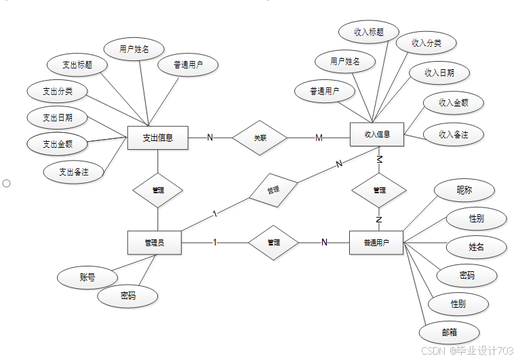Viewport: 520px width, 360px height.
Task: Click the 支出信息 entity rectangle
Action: (158, 138)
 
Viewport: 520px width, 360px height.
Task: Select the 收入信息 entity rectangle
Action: (377, 134)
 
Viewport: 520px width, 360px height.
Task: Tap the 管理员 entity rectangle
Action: (155, 243)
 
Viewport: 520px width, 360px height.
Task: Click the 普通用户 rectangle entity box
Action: (376, 243)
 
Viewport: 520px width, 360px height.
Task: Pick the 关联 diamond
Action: (260, 138)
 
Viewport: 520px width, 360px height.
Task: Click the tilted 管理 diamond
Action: (274, 191)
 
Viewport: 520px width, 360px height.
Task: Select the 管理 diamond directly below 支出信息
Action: (158, 191)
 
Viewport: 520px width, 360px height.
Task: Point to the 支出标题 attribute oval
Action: (77, 65)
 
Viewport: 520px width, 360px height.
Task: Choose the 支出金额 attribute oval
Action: (57, 144)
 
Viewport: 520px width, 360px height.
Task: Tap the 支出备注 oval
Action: (74, 172)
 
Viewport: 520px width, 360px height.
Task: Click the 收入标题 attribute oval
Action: (369, 32)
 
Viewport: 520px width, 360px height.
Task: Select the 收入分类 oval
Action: (426, 43)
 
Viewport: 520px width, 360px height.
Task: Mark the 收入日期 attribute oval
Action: (439, 73)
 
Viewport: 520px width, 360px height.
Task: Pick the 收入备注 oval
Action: (454, 134)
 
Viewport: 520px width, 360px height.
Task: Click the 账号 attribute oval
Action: (87, 277)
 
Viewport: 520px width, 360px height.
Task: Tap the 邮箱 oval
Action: (449, 332)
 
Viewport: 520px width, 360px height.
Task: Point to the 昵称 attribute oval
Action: (464, 191)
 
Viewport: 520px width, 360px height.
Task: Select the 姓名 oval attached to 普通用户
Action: (477, 247)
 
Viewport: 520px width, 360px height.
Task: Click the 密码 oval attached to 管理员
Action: (127, 296)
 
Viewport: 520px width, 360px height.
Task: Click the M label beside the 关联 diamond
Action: (319, 138)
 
